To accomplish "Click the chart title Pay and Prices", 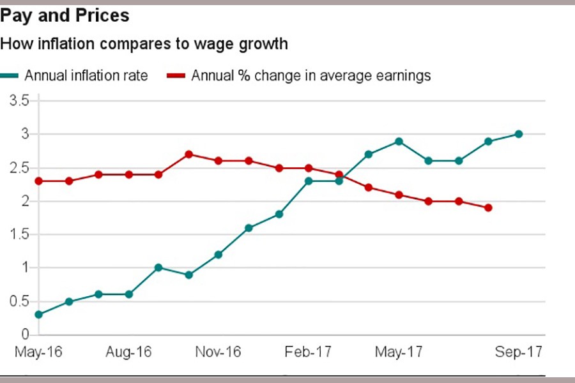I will point(65,15).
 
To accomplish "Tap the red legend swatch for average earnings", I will point(176,76).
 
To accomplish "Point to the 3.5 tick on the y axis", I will point(20,101).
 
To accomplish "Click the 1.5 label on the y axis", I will point(20,234).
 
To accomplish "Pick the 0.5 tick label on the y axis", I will point(20,301).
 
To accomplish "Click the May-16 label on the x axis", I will point(38,352).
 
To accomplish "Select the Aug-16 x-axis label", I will point(129,352).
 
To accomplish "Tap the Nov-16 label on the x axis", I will point(218,352).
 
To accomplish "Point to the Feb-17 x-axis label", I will point(309,352).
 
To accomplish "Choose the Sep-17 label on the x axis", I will point(519,352).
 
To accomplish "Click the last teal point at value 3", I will point(518,134).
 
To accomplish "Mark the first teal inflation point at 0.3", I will point(38,315).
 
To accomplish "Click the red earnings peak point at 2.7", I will point(188,154).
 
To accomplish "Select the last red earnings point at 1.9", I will point(488,207).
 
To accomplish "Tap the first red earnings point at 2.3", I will point(38,181).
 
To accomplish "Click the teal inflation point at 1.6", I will point(249,228).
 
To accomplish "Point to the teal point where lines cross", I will point(339,181).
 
